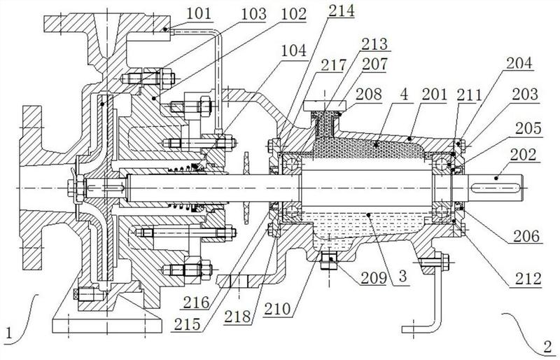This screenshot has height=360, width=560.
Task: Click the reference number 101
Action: tap(199, 14)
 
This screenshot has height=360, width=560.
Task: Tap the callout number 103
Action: tap(254, 14)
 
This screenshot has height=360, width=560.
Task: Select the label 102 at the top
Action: tap(294, 14)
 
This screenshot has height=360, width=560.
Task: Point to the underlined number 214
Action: tap(342, 11)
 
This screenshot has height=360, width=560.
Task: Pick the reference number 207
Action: tap(374, 64)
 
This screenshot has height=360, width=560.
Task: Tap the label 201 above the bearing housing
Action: tap(434, 95)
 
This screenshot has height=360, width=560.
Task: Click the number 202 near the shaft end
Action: tap(523, 155)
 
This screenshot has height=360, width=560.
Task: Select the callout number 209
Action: tap(374, 278)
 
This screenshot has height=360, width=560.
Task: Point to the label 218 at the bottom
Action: tap(237, 317)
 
